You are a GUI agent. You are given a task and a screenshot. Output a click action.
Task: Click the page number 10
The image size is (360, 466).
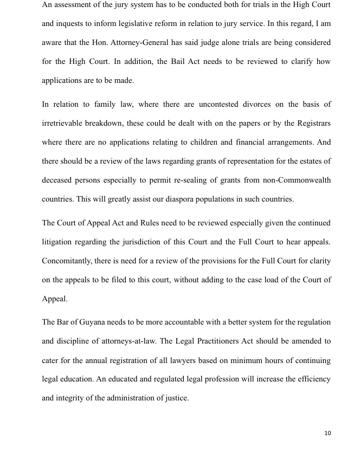(x=327, y=433)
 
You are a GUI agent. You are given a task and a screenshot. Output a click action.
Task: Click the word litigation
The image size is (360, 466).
(x=59, y=242)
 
